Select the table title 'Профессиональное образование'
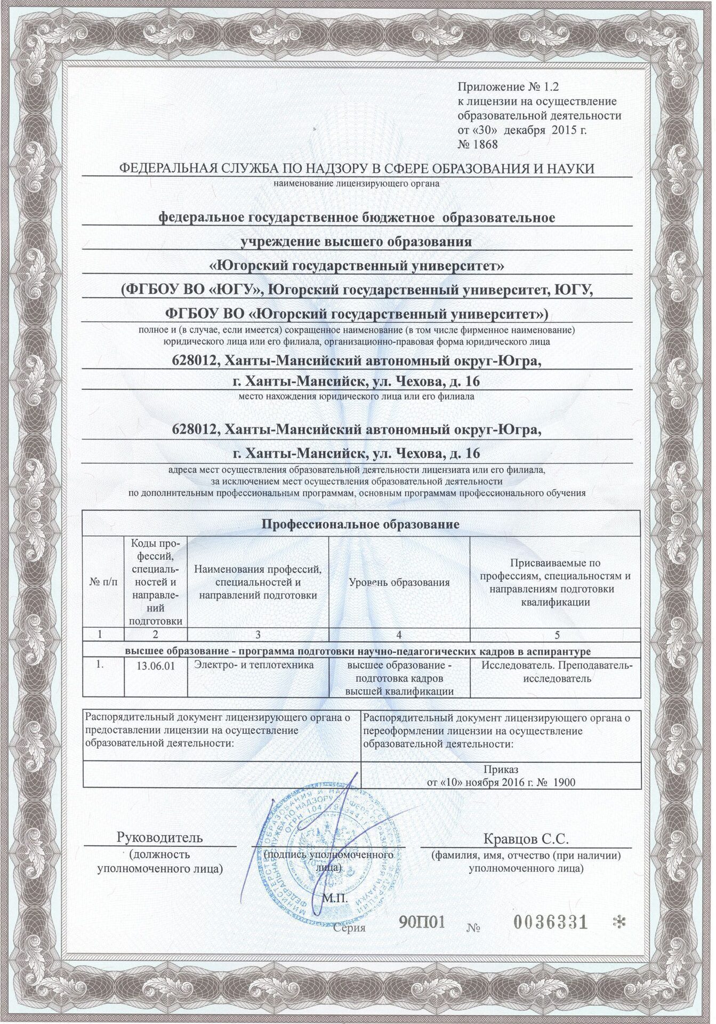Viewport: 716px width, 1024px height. click(362, 524)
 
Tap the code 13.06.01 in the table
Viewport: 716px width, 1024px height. click(155, 667)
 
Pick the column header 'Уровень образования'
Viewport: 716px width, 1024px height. click(399, 582)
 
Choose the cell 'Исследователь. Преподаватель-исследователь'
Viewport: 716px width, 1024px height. click(557, 672)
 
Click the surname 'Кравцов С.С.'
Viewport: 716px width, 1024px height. click(526, 839)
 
